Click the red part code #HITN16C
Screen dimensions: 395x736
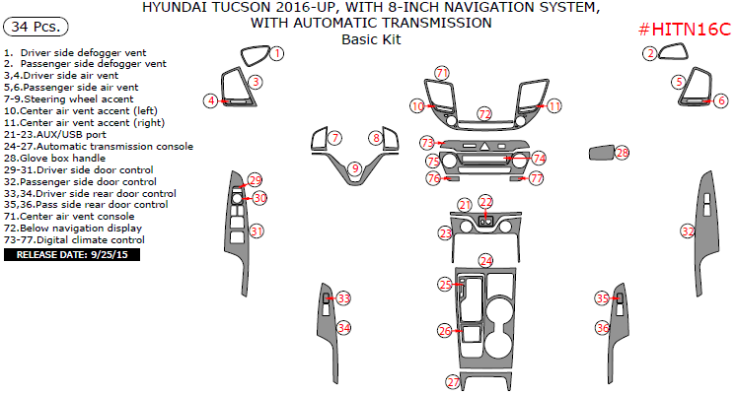[x=684, y=31]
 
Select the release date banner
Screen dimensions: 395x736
[x=73, y=254]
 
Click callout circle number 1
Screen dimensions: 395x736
[x=277, y=53]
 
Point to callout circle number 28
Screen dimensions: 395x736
[x=622, y=153]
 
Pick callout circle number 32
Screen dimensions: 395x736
[x=688, y=230]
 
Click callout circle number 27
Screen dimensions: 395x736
[x=454, y=381]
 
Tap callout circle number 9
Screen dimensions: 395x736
[x=354, y=169]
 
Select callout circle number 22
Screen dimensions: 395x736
[x=485, y=202]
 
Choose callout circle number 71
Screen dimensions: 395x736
[x=442, y=73]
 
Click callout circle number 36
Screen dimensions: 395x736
[x=602, y=327]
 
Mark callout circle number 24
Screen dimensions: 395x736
[x=485, y=261]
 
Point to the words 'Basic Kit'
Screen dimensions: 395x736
[x=369, y=39]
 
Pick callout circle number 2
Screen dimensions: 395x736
[x=650, y=53]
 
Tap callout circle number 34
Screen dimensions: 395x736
[x=343, y=327]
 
